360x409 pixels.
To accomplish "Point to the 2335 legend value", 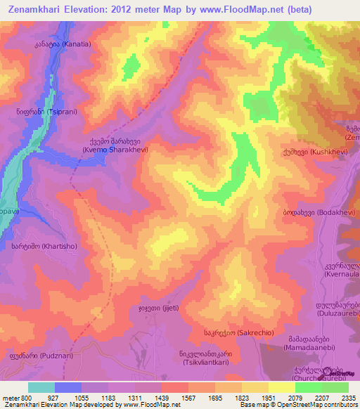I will [x=348, y=397].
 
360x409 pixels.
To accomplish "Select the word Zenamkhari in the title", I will [x=41, y=11].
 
